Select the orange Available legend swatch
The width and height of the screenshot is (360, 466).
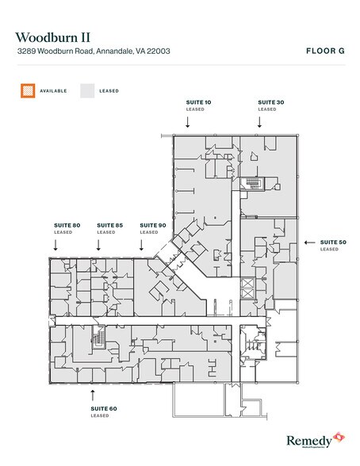tap(27, 90)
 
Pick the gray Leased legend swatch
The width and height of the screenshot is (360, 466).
tap(85, 90)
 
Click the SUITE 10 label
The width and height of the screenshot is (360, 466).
tap(197, 102)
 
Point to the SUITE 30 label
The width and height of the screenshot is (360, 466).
tap(267, 102)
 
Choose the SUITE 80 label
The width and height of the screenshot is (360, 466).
tap(67, 225)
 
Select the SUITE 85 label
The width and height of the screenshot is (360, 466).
tap(109, 225)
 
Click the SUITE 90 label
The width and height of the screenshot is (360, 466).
tap(152, 225)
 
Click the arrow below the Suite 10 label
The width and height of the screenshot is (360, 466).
tap(189, 122)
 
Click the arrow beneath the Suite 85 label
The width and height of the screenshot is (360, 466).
tap(98, 246)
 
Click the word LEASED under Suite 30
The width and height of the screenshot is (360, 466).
tap(267, 109)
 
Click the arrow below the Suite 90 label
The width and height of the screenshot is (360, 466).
tap(141, 246)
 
